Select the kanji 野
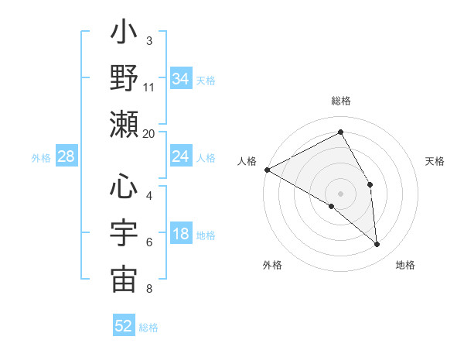(124, 78)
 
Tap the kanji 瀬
(124, 124)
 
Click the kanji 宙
(124, 279)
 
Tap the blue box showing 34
(180, 78)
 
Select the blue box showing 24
(180, 157)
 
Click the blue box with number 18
(180, 235)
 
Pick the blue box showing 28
(67, 157)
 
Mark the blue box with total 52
(124, 326)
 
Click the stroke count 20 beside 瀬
(149, 133)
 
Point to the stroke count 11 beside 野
(149, 87)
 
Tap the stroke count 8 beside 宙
(149, 290)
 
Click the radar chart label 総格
(341, 101)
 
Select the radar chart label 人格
(247, 161)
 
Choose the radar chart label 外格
(272, 266)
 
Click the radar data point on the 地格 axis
(377, 245)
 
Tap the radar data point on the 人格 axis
(267, 169)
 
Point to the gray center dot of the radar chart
(341, 193)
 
